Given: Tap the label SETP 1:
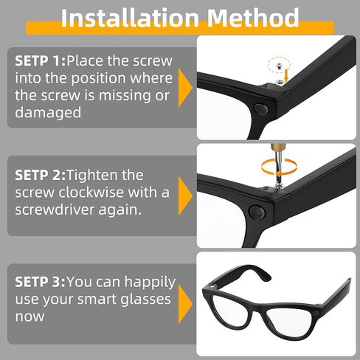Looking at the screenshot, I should tap(38, 61).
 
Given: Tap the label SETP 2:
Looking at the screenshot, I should tap(38, 176).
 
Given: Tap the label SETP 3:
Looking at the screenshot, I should tap(39, 281).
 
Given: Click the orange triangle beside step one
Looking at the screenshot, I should tap(185, 86).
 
